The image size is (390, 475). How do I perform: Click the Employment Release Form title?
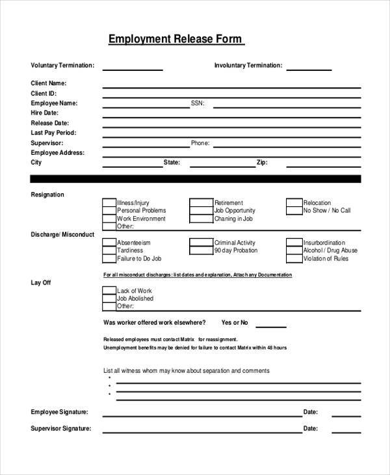tap(175, 39)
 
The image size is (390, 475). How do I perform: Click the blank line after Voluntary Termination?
tap(133, 68)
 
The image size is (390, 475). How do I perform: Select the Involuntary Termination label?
tap(248, 65)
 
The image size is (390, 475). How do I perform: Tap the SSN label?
tap(197, 103)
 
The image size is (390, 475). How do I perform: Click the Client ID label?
tap(44, 93)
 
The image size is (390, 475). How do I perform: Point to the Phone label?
tap(200, 142)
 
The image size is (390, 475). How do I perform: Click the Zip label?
tap(261, 162)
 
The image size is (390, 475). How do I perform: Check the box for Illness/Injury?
tap(109, 203)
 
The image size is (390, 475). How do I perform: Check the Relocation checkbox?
tap(294, 203)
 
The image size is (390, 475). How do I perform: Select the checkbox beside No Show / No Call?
tap(294, 211)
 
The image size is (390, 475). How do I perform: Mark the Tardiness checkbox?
tap(109, 251)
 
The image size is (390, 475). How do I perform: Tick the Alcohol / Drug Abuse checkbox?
tap(294, 251)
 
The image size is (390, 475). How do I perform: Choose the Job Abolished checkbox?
tap(109, 298)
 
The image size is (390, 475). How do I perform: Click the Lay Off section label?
tap(41, 282)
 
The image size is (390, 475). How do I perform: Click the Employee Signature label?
tap(59, 412)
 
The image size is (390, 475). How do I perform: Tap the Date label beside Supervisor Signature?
tap(310, 428)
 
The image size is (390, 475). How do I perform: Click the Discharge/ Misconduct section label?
tap(62, 234)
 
